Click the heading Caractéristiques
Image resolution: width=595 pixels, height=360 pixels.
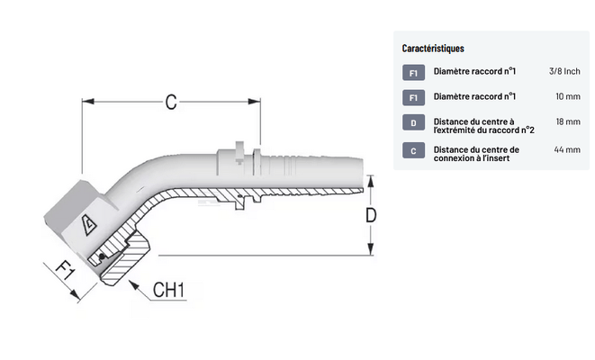tap(433, 49)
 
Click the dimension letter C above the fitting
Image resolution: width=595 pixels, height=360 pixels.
tap(171, 102)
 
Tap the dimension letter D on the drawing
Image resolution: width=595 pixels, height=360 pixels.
tap(369, 215)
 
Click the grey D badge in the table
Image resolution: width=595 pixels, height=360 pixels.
tap(412, 123)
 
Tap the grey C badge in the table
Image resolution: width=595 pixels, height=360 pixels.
tap(412, 151)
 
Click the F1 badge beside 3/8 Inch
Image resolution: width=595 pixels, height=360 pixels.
tap(412, 72)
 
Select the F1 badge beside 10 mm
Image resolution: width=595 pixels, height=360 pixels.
tap(412, 97)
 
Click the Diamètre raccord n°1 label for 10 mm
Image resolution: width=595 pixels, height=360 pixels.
tap(473, 96)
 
